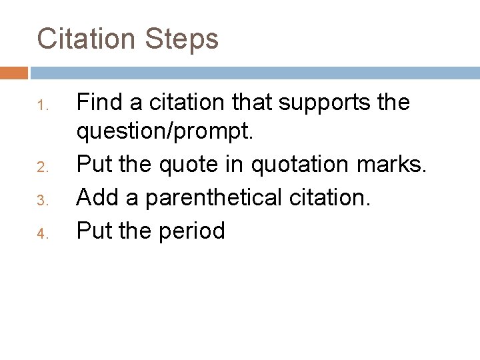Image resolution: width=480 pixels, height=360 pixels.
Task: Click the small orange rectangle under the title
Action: tap(14, 72)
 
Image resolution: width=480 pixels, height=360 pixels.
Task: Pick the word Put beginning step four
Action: tap(95, 231)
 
